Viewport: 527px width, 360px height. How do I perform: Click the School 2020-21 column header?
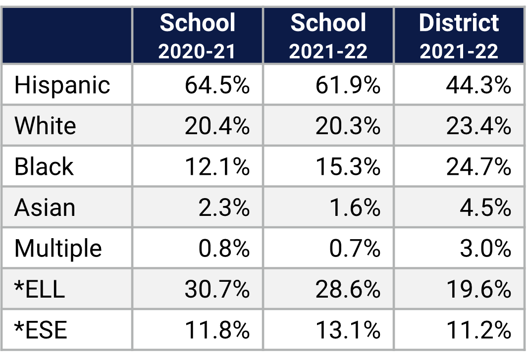198,36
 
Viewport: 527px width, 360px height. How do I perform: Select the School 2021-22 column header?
328,36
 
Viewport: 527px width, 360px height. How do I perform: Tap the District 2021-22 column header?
459,36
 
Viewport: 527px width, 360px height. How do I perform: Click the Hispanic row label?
62,85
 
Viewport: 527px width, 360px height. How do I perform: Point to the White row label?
45,126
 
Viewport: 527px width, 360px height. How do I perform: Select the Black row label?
44,166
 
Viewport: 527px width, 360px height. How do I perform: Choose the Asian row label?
45,207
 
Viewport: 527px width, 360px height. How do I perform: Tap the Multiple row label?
58,248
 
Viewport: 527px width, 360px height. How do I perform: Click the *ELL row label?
40,289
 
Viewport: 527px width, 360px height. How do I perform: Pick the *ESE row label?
41,329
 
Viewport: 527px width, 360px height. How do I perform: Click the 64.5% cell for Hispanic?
217,85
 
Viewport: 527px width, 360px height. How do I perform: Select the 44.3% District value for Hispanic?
478,85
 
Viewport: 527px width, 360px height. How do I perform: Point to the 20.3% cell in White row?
348,126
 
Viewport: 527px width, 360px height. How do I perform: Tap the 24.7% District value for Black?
478,166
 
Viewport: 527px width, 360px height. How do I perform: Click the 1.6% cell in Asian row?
355,207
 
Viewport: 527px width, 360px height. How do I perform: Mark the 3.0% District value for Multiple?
485,248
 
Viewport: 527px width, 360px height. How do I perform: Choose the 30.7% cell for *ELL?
217,289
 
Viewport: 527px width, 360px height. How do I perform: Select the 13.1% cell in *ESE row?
348,329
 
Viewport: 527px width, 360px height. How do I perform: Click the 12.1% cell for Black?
217,166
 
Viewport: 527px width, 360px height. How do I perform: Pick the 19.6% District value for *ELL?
478,289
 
